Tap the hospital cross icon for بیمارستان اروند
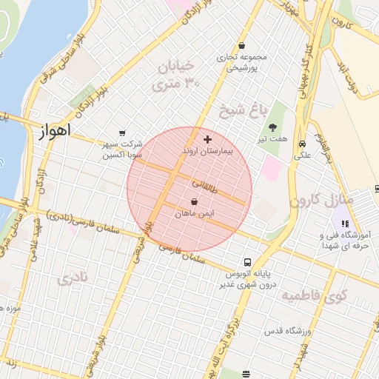[x=207, y=138]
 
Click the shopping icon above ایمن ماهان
[x=194, y=201]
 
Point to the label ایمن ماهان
[x=194, y=213]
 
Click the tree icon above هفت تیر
[x=272, y=127]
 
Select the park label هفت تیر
[x=272, y=139]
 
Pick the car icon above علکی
[x=302, y=144]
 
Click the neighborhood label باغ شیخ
[x=241, y=112]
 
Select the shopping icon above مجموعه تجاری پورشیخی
[x=241, y=46]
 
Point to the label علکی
[x=303, y=155]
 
